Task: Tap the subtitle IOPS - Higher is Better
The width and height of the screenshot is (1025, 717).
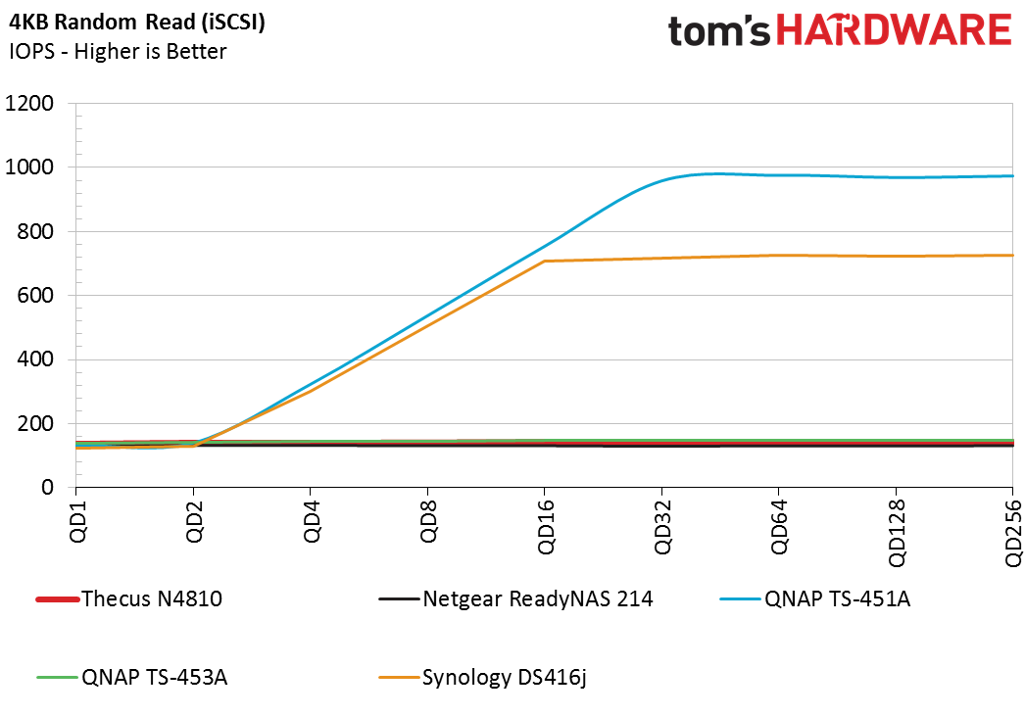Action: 118,51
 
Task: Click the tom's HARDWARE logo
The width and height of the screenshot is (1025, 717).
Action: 840,31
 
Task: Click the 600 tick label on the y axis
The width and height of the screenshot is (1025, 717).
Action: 35,296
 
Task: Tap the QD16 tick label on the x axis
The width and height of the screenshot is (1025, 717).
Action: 545,529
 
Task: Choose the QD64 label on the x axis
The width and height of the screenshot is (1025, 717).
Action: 779,529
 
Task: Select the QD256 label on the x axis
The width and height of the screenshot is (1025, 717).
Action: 1012,535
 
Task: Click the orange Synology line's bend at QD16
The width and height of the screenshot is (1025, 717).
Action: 545,262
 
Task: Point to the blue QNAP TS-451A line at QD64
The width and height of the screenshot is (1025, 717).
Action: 779,175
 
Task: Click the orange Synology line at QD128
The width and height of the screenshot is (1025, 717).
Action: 896,257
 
